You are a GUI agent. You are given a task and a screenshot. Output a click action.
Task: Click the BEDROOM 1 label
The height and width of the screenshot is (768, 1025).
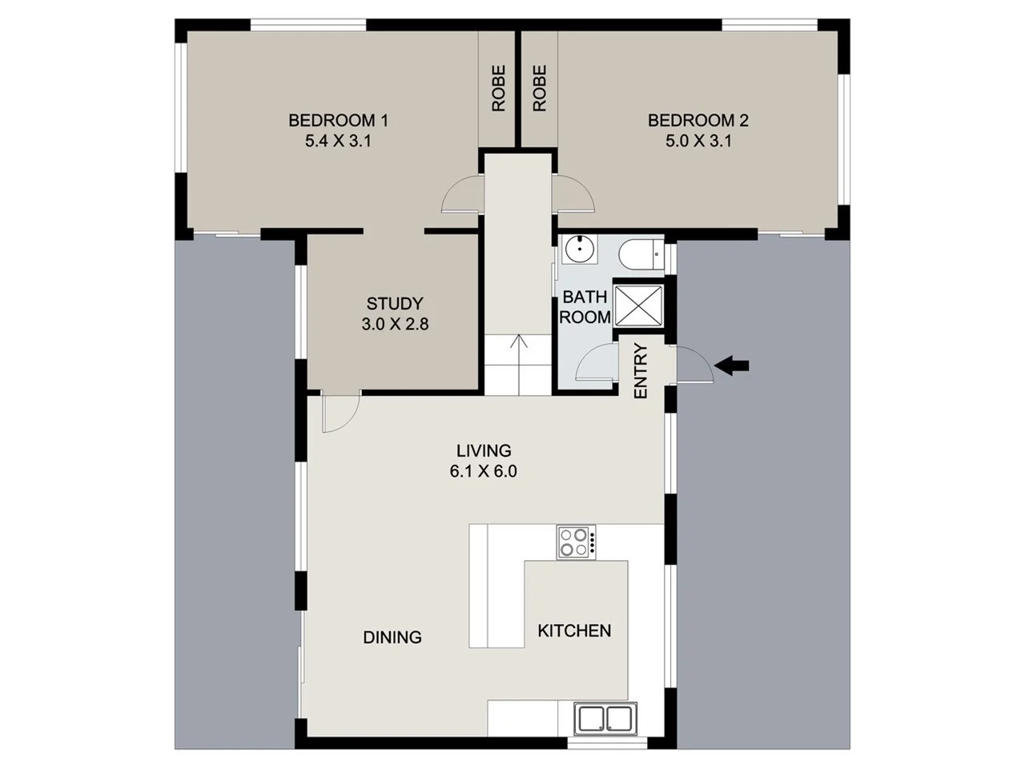pos(338,121)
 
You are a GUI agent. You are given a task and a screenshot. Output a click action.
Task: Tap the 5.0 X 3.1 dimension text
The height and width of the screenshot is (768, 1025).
pos(697,142)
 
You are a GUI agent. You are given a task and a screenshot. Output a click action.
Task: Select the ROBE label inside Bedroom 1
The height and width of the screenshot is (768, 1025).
pos(499,88)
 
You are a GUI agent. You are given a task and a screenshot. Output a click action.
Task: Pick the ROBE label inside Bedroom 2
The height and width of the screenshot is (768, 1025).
pos(540,88)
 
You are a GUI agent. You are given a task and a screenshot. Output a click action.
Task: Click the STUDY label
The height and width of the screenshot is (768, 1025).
pos(394,304)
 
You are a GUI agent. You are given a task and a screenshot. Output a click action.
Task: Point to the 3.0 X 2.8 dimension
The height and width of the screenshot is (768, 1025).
pos(394,325)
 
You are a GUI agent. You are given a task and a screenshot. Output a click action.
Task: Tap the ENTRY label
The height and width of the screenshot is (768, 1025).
pos(641,371)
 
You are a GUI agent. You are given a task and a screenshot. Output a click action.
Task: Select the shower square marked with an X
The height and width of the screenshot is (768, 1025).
pos(638,305)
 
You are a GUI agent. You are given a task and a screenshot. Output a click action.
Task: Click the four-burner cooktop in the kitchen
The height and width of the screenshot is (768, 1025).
pos(577,542)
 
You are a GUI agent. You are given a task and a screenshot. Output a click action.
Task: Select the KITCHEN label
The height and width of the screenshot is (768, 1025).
pos(574,631)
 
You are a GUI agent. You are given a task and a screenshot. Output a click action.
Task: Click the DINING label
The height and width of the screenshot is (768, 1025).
pos(392,638)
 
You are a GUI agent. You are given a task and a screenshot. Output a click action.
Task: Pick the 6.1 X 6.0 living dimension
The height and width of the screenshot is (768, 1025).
pos(483,472)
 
